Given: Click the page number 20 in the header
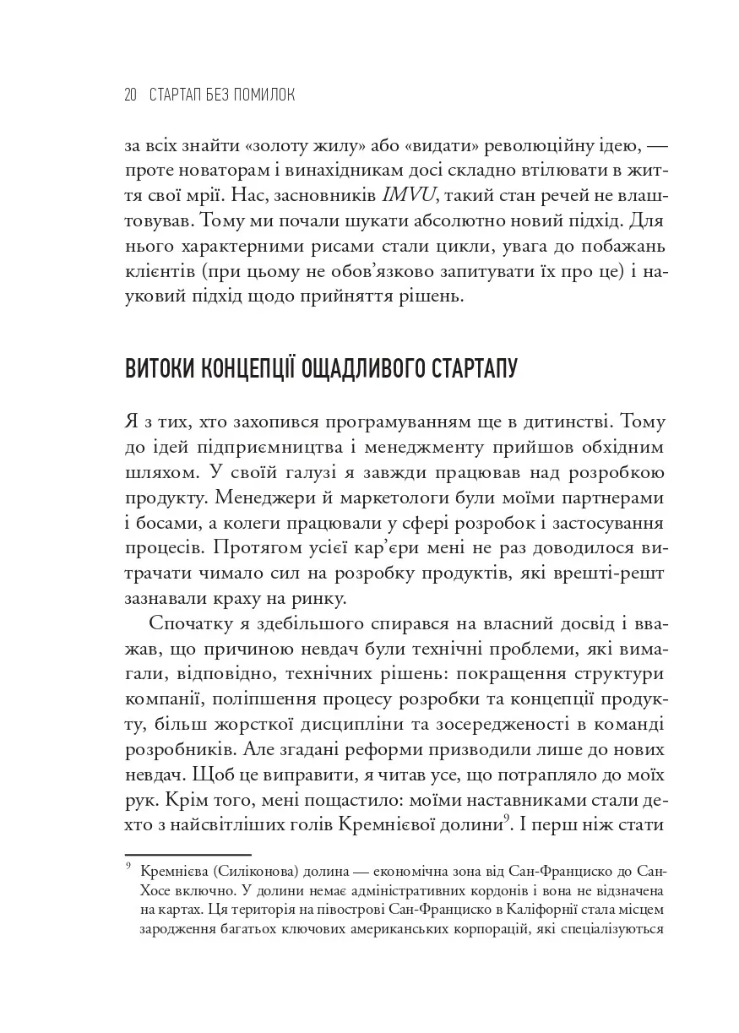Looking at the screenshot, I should tap(131, 95).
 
